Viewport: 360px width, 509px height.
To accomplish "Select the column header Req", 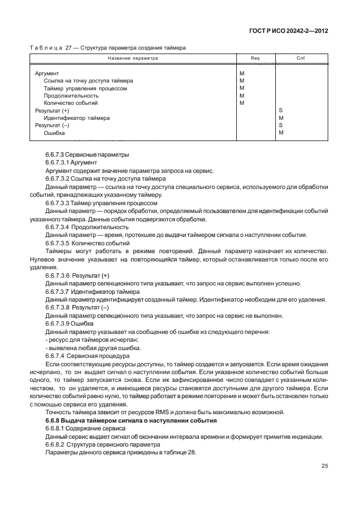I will pos(255,58).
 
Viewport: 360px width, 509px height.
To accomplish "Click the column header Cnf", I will pos(300,58).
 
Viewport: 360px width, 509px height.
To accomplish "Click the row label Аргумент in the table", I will pos(47,73).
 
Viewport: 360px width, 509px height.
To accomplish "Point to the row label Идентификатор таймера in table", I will pos(76,118).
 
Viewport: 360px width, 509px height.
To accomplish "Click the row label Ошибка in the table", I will pos(54,133).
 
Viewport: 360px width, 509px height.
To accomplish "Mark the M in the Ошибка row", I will pos(281,133).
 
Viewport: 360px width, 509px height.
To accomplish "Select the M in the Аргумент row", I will pos(242,73).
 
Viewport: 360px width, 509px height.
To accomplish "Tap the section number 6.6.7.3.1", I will pos(57,162).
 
